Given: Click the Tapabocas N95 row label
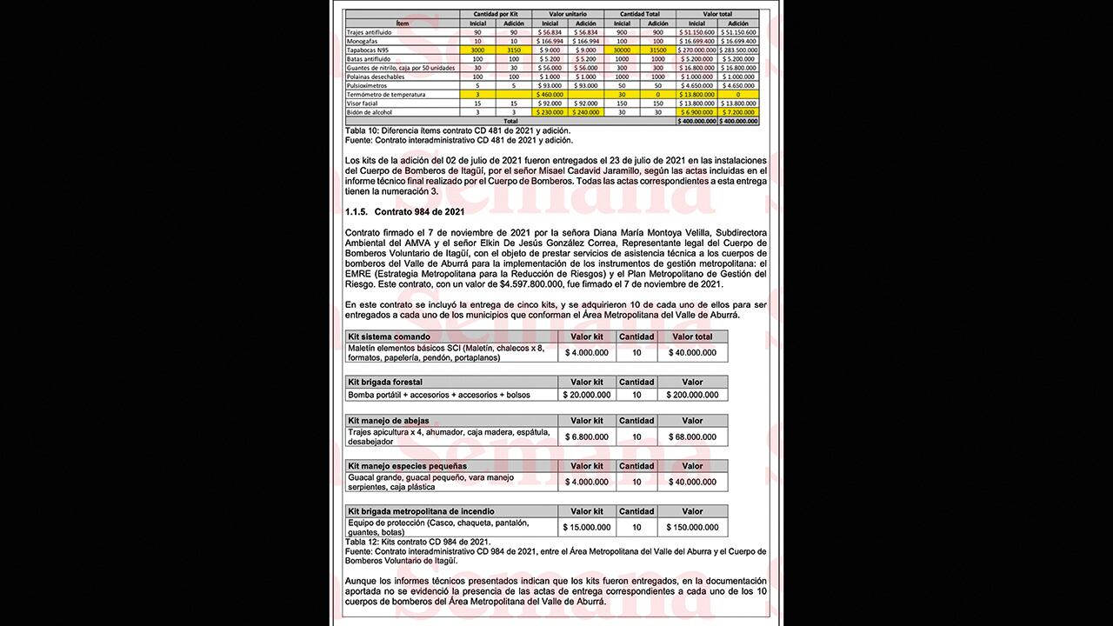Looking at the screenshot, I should coord(367,50).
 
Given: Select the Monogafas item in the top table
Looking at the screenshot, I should coord(364,41).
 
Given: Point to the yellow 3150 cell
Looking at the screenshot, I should coord(513,50).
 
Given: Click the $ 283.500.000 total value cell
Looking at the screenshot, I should coord(738,50).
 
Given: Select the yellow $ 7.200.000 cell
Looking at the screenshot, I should coord(738,112).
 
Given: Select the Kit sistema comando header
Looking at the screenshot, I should coord(389,336).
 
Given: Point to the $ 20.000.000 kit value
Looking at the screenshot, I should coord(587,395).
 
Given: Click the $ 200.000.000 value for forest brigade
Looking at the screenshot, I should coord(692,395).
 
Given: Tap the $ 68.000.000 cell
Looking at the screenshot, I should coord(692,436).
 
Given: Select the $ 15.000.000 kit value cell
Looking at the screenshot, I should coord(587,527).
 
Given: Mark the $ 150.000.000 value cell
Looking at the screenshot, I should coord(692,527).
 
